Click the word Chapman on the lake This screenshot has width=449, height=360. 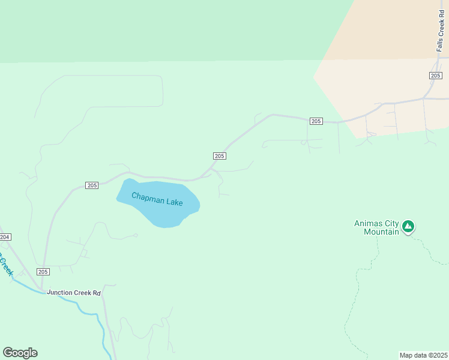(146, 197)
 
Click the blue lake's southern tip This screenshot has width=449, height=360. (166, 226)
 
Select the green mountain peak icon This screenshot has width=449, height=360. (408, 226)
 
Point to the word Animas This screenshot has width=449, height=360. (368, 224)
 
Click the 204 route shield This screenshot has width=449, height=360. (5, 238)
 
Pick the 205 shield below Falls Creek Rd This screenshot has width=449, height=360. (436, 75)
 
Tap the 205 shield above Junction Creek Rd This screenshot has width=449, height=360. (43, 272)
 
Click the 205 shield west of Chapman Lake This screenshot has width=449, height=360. (91, 185)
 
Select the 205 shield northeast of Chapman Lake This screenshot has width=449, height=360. (219, 156)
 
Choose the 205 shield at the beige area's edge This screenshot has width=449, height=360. (316, 121)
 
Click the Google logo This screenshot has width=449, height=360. (20, 353)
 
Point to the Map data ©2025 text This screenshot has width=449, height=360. (424, 355)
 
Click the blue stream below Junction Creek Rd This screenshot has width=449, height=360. (90, 311)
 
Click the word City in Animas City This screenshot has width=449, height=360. (391, 224)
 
